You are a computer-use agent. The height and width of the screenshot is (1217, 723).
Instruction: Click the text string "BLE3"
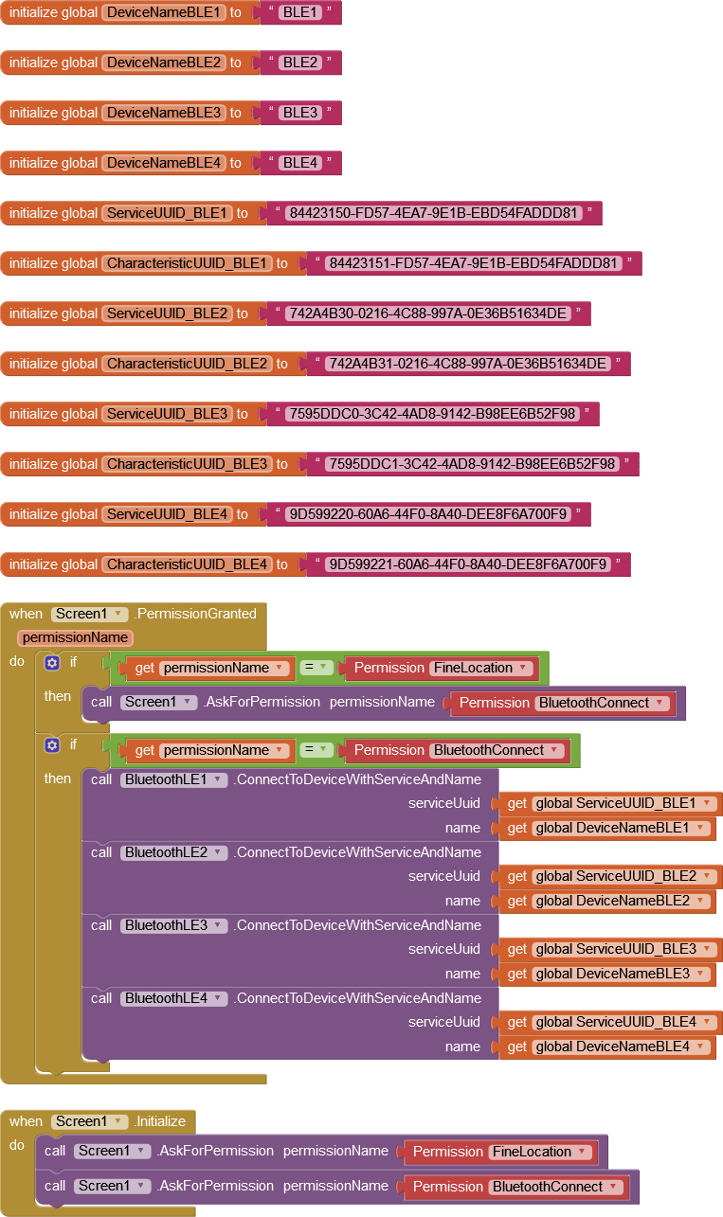tap(300, 113)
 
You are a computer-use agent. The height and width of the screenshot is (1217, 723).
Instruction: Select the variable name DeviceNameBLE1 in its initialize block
tap(164, 12)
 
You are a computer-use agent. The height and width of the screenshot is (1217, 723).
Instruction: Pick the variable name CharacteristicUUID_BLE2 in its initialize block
tap(188, 364)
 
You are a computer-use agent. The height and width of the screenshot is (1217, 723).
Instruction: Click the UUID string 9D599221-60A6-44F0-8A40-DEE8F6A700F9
tap(467, 564)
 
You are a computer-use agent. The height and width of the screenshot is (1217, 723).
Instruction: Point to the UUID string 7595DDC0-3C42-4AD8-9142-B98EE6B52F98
tap(431, 414)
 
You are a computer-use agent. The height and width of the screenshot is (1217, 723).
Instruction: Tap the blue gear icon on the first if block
tap(52, 663)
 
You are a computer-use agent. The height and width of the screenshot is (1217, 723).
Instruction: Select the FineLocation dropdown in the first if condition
tap(481, 668)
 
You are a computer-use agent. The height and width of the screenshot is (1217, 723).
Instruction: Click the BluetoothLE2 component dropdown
tap(174, 852)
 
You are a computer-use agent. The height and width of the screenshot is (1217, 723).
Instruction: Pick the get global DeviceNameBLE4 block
tap(606, 1047)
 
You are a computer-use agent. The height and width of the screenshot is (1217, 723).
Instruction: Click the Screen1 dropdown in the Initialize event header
tap(89, 1121)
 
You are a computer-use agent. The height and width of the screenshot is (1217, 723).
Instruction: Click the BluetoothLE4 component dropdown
tap(174, 998)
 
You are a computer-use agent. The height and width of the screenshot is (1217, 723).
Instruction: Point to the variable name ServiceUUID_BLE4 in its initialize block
tap(168, 514)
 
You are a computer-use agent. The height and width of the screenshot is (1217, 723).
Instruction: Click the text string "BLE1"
tap(300, 12)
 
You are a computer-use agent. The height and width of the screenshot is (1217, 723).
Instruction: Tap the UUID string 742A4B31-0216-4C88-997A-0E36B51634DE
tap(467, 364)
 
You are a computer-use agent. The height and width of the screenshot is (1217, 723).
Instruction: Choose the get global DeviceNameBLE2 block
tap(606, 901)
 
